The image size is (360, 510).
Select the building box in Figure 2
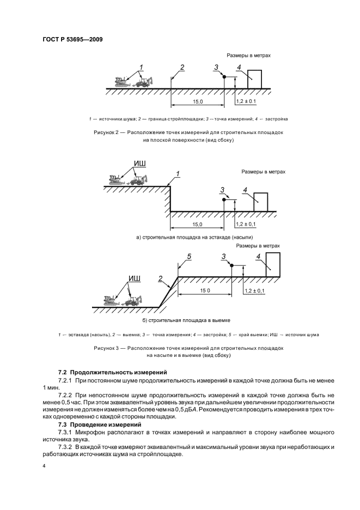click(x=254, y=79)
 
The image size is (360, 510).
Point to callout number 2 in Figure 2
click(x=182, y=68)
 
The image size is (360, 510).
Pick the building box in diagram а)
click(x=261, y=202)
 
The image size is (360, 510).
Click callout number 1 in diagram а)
click(x=178, y=174)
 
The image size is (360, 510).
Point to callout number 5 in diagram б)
click(x=188, y=256)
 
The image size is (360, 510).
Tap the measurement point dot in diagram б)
click(x=231, y=265)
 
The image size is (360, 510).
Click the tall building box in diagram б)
click(x=272, y=264)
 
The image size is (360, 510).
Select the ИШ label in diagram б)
click(x=134, y=278)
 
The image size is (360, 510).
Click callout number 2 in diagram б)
click(x=160, y=278)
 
